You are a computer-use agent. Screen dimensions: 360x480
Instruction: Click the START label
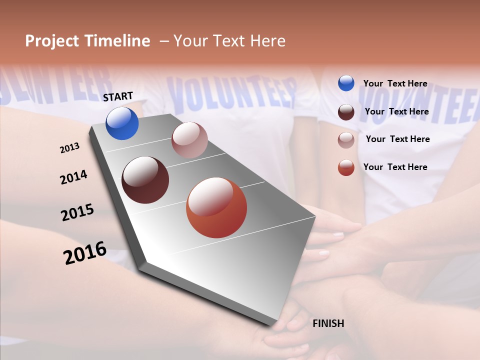tap(118, 96)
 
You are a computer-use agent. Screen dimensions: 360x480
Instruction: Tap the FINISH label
tap(328, 323)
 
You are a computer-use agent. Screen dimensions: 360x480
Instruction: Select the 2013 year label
tap(69, 147)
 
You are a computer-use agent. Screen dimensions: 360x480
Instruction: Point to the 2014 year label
tap(73, 177)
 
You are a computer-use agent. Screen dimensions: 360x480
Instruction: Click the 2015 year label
tap(77, 212)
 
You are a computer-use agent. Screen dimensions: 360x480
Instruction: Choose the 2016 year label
tap(85, 252)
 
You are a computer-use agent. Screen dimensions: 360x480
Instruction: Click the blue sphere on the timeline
tap(122, 123)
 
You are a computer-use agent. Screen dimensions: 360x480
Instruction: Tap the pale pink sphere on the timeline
tap(189, 140)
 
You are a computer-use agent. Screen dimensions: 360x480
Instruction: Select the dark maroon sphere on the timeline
tap(145, 179)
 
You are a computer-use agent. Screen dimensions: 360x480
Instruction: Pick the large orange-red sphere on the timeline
tap(216, 208)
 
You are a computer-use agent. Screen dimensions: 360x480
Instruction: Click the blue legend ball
tap(346, 83)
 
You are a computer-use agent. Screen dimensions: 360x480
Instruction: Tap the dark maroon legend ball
tap(346, 111)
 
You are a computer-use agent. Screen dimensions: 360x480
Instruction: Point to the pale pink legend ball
tap(346, 139)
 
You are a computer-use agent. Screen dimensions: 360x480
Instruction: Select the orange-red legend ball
tap(346, 167)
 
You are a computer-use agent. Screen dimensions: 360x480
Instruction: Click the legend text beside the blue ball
tap(395, 83)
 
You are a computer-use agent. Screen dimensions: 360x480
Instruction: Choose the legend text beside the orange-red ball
tap(395, 167)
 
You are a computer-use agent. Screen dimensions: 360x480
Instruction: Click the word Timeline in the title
tap(117, 41)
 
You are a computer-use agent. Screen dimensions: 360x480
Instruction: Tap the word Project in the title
tap(52, 41)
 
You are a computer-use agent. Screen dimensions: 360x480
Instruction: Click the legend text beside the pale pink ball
tap(397, 139)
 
